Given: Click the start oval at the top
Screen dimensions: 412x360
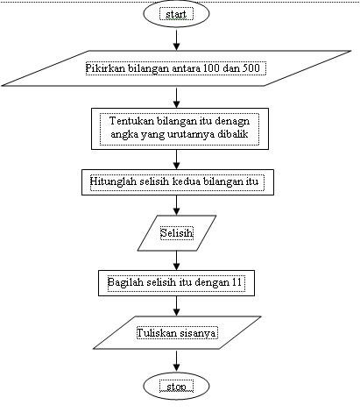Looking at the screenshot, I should click(177, 16).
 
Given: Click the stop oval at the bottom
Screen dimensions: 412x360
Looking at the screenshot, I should click(177, 386).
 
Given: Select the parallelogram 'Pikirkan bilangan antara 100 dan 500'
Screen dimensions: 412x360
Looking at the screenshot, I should click(177, 68).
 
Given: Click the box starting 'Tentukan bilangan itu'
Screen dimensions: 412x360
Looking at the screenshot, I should click(177, 128).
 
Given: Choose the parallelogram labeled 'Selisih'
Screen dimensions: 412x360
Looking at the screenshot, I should click(177, 233).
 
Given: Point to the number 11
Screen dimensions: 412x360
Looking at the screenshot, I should click(236, 283).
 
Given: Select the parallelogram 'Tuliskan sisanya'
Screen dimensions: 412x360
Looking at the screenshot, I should click(177, 334).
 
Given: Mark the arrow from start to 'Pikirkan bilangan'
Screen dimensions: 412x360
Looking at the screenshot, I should click(177, 39).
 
